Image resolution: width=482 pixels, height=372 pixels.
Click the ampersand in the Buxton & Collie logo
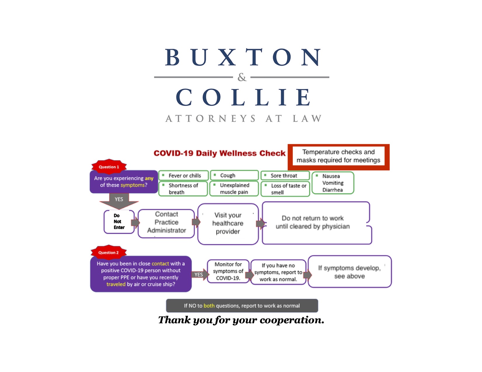242,77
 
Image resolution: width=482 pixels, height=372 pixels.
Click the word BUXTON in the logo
243,57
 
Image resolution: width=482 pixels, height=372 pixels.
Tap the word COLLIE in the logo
243,97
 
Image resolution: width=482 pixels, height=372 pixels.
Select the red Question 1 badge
109,166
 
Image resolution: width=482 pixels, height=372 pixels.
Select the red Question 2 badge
108,252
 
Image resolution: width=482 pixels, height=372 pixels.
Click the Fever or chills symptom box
183,175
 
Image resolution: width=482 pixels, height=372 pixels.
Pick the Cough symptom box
234,175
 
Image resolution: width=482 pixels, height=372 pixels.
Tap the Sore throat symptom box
285,175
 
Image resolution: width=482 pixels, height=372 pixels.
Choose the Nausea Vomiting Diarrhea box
333,183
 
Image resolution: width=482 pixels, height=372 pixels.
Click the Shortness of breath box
183,188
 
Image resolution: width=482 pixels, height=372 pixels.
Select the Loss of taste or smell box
285,189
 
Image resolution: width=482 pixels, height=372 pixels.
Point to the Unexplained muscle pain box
234,188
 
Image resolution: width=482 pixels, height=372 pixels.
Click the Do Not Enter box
119,221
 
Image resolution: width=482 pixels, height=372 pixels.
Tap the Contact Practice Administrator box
166,223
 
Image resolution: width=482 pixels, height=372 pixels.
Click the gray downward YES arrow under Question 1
119,201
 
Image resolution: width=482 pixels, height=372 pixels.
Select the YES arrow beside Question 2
200,274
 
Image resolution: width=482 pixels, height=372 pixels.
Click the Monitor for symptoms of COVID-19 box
228,271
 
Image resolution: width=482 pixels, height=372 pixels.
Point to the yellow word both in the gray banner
209,305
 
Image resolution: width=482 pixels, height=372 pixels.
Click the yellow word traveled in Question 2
116,284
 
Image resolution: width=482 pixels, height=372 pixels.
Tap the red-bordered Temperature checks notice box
338,157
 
